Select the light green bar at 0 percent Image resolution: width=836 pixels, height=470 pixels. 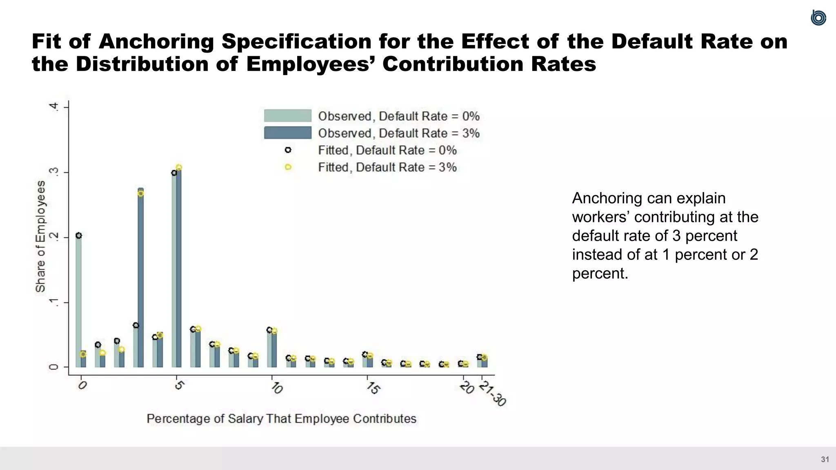pyautogui.click(x=78, y=302)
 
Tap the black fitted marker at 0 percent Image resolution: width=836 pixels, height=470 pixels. pyautogui.click(x=79, y=235)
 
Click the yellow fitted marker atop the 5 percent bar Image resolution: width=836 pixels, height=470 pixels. pyautogui.click(x=179, y=167)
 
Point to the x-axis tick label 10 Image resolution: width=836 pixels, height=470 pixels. pyautogui.click(x=276, y=387)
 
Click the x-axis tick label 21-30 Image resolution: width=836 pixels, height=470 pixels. pyautogui.click(x=492, y=393)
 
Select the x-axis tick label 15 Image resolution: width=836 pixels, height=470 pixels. pyautogui.click(x=372, y=387)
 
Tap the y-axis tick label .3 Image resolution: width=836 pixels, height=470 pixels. pyautogui.click(x=53, y=172)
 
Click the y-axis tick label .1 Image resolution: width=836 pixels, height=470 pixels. pyautogui.click(x=53, y=302)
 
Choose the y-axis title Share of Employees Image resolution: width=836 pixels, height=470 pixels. pyautogui.click(x=40, y=237)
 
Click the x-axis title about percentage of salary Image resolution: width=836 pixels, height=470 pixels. pyautogui.click(x=281, y=419)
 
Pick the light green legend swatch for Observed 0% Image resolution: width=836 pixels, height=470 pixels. pyautogui.click(x=287, y=115)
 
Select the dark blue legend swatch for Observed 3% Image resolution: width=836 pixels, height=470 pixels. pyautogui.click(x=287, y=133)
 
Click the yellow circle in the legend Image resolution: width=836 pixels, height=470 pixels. pyautogui.click(x=288, y=167)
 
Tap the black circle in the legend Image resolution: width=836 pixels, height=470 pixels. pyautogui.click(x=288, y=150)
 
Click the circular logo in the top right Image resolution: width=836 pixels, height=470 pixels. pyautogui.click(x=818, y=18)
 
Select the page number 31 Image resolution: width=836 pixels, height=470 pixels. pyautogui.click(x=825, y=459)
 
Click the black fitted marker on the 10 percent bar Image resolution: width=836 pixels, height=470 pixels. pyautogui.click(x=269, y=330)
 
